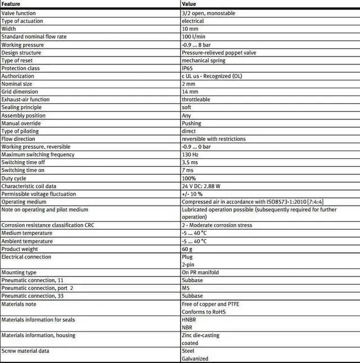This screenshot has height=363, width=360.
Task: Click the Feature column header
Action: tap(11, 4)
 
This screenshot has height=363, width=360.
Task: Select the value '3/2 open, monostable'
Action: tap(208, 13)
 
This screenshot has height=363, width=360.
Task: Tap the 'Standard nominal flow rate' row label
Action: tap(34, 37)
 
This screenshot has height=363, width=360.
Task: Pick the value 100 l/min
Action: tap(193, 37)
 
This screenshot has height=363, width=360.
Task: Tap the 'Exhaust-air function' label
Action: tap(26, 99)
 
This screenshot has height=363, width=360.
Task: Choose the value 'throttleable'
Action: tap(196, 99)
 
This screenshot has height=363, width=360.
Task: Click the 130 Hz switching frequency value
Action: tap(190, 155)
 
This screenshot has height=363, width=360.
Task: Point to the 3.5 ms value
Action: tap(189, 162)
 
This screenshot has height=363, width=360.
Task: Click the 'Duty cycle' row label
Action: tap(14, 178)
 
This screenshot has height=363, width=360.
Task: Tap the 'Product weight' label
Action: tap(20, 249)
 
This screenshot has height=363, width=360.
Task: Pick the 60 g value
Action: tap(187, 249)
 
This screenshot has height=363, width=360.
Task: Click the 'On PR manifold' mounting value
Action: tap(200, 273)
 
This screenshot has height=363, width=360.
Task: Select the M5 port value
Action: tap(186, 288)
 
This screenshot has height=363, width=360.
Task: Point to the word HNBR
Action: tap(188, 320)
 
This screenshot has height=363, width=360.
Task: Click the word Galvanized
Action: tap(195, 359)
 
